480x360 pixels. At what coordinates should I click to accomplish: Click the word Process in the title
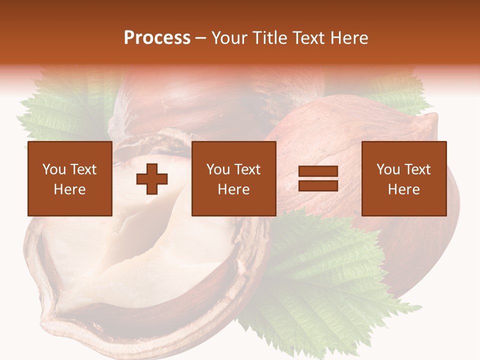157,37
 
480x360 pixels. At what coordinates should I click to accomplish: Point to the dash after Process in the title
201,38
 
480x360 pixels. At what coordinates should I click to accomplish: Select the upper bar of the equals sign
318,171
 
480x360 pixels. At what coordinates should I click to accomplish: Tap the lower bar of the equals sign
318,185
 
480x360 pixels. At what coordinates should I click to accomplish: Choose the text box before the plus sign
70,179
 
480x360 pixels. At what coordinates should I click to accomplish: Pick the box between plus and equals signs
234,179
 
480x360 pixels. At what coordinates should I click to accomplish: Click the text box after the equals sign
404,179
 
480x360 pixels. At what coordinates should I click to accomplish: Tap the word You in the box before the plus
53,169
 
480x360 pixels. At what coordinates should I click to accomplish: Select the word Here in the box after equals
404,189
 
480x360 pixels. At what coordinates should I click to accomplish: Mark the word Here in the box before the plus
70,189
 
